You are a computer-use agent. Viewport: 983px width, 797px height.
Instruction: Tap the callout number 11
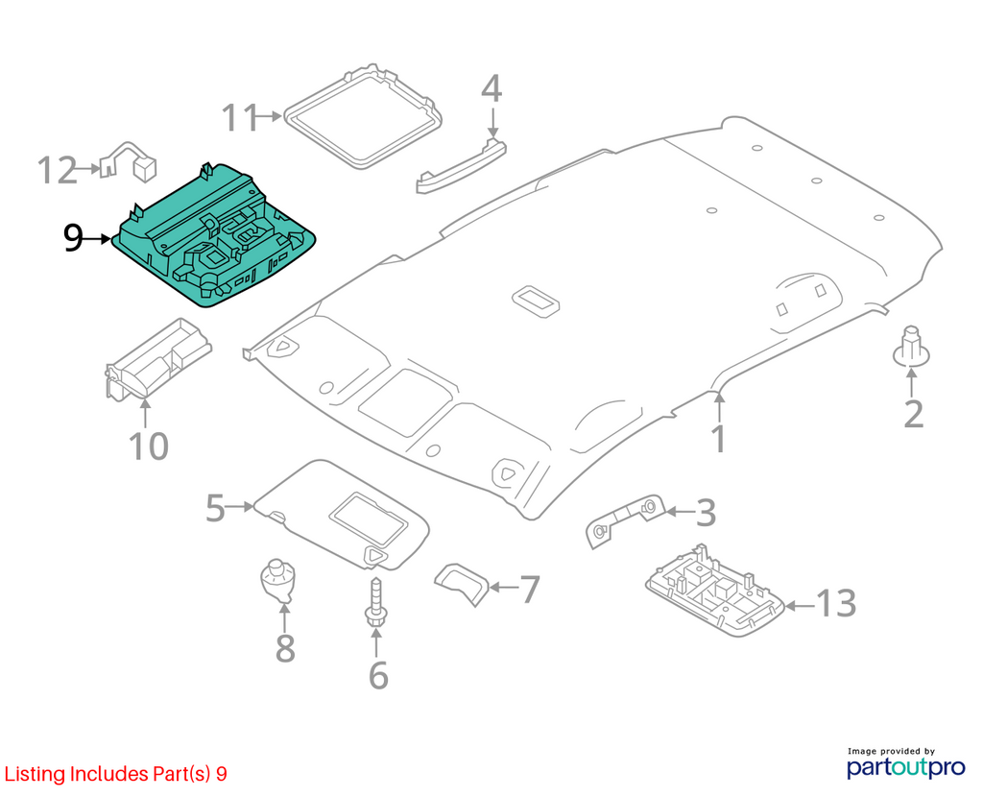click(239, 118)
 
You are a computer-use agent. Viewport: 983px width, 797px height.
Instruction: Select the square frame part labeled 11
click(363, 116)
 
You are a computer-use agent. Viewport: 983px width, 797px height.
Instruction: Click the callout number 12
click(57, 171)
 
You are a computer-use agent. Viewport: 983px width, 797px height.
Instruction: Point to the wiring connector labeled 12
click(129, 161)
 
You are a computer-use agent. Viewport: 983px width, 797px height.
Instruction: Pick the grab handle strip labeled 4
click(461, 166)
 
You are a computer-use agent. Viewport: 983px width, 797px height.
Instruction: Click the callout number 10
click(149, 447)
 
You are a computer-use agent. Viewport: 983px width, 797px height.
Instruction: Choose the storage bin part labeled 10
click(158, 359)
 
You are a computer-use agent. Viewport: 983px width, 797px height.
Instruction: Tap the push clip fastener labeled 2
click(911, 347)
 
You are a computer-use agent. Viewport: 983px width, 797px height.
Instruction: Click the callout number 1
click(719, 439)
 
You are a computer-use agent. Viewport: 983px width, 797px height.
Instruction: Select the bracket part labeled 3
click(625, 519)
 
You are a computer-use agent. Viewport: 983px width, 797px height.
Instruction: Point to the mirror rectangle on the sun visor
click(369, 518)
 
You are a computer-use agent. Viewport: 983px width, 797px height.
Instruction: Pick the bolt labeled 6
click(375, 602)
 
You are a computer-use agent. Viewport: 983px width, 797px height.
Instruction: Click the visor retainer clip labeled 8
click(277, 581)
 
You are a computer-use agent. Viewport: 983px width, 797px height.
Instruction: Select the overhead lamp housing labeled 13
click(714, 592)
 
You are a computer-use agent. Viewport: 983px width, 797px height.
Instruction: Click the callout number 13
click(836, 604)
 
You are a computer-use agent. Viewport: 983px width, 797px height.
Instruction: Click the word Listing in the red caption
click(35, 774)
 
